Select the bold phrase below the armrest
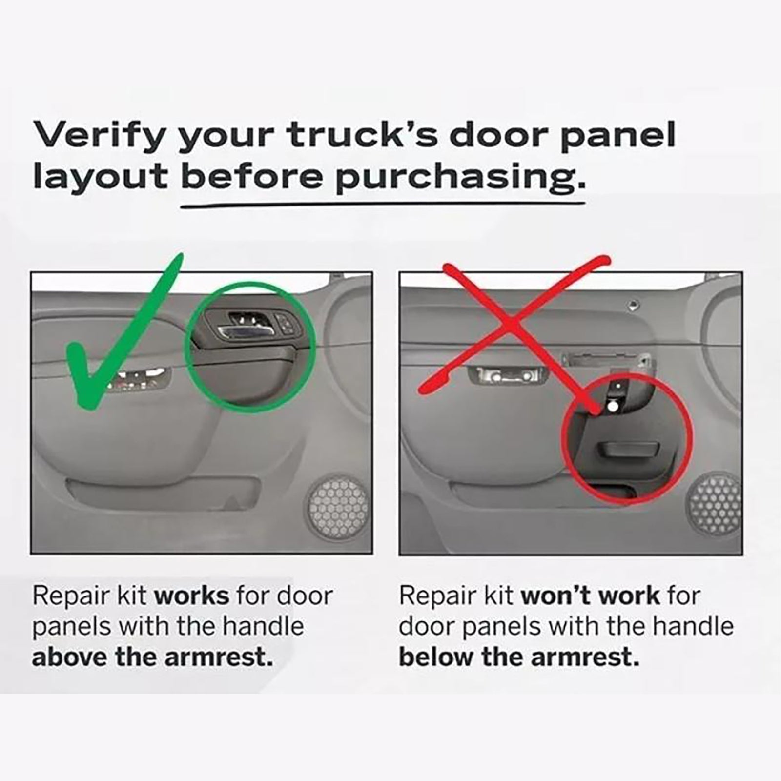[519, 658]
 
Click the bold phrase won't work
[591, 596]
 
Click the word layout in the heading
[100, 178]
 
